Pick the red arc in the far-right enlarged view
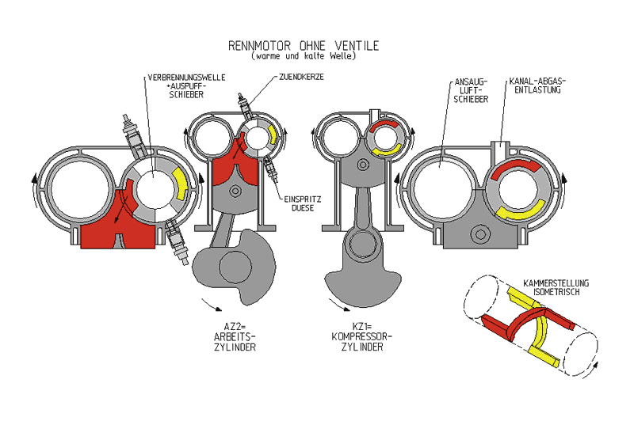[x=514, y=165]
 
